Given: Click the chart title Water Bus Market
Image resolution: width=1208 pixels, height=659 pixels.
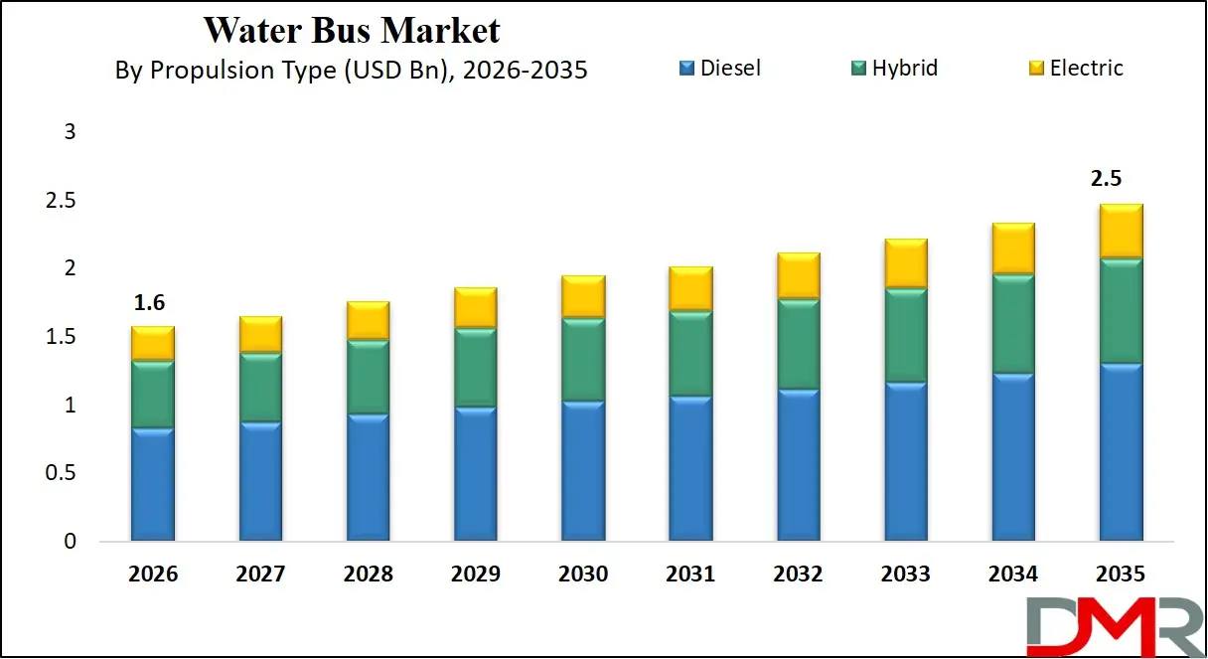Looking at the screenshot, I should click(x=352, y=30).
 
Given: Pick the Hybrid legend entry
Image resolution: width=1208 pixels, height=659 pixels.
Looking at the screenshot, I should click(x=893, y=69).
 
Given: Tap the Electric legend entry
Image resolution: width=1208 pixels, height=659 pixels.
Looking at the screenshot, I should click(x=1075, y=69).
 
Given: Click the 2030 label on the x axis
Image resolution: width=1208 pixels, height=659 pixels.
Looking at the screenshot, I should click(x=583, y=575).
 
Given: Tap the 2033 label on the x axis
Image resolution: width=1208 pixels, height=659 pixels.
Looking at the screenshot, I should click(x=906, y=575).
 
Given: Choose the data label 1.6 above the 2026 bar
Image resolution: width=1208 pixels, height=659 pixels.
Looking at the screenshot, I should click(x=150, y=303).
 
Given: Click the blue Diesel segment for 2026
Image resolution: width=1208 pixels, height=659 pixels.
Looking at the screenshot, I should click(x=153, y=485).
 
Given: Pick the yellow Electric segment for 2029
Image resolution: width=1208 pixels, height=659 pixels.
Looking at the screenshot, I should click(x=476, y=308).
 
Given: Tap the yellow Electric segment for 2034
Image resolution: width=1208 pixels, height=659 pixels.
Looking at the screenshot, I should click(x=1013, y=248).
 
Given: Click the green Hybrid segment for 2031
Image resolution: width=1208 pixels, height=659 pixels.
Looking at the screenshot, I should click(x=690, y=354).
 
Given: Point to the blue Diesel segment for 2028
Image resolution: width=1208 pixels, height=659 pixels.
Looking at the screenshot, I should click(x=368, y=477).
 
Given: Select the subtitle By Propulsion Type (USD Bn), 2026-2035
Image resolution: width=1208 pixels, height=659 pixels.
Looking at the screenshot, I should click(x=351, y=70).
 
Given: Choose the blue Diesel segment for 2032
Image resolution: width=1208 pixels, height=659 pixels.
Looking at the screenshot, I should click(x=799, y=465).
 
